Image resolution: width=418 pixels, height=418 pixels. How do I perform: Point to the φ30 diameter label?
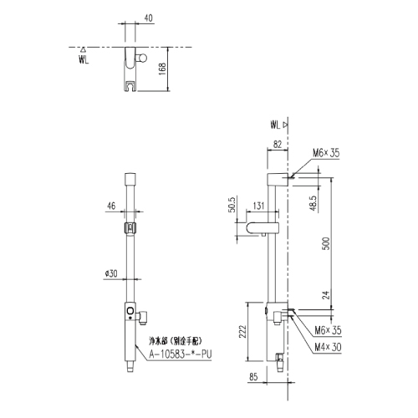110,272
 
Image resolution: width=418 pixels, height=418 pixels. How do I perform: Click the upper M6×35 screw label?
328,153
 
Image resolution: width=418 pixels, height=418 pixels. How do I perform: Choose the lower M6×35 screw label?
328,332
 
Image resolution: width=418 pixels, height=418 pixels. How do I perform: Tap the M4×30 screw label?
326,346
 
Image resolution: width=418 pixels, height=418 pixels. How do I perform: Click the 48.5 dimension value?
311,202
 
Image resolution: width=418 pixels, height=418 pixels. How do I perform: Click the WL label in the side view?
277,124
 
